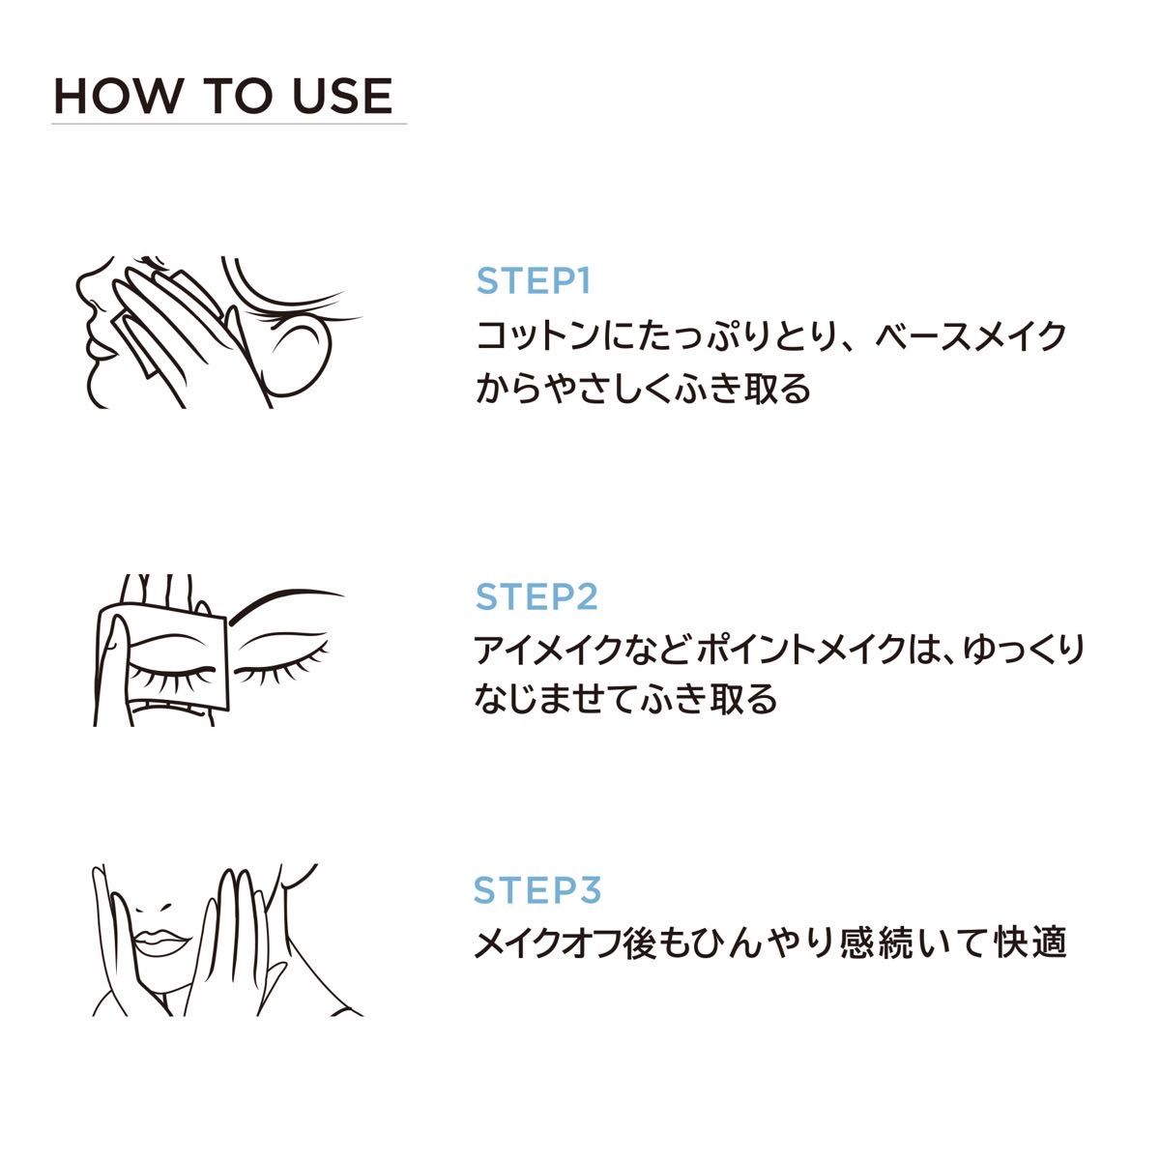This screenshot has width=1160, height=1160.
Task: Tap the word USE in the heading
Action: [342, 96]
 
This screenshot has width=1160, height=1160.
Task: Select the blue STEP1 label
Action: [534, 281]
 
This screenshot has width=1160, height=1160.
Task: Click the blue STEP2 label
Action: [536, 596]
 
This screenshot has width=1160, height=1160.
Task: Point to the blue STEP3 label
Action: [536, 889]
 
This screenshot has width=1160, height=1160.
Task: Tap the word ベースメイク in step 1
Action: [971, 335]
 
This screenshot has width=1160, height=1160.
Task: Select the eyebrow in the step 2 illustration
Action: [283, 603]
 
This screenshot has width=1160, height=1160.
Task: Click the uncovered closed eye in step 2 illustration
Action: [281, 669]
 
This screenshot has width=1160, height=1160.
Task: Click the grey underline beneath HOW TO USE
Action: [229, 124]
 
